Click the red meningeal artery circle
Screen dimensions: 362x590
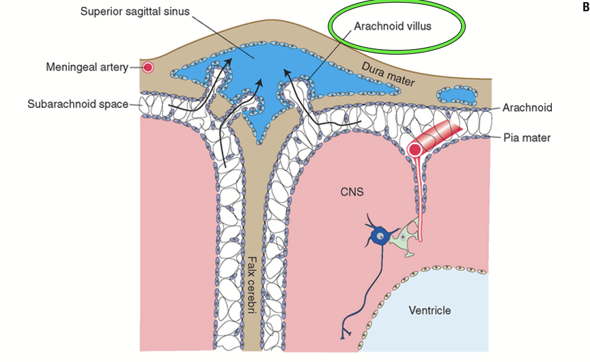click(147, 68)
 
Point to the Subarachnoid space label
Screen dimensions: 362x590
click(78, 105)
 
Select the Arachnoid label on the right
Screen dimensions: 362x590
click(527, 108)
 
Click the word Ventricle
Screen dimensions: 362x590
click(430, 310)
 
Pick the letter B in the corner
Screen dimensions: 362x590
click(584, 8)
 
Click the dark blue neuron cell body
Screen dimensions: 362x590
click(379, 237)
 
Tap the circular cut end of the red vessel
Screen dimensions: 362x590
click(415, 150)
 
